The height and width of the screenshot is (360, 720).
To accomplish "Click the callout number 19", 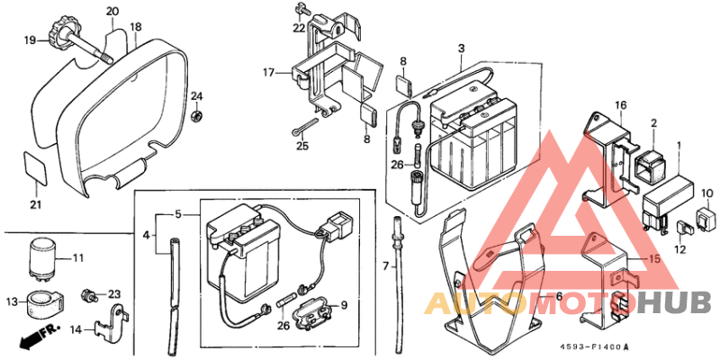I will point(30,40).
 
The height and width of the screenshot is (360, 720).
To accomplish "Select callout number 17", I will point(267,72).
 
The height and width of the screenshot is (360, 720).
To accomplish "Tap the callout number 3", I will point(461,48).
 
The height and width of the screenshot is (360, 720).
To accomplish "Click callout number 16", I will point(621,106).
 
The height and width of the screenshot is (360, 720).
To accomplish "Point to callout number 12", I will point(680,249).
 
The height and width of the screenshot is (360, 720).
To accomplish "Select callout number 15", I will point(654,259).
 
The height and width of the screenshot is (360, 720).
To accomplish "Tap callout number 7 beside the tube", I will point(384,267).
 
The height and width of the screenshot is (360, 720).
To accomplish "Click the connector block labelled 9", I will point(310,315).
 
